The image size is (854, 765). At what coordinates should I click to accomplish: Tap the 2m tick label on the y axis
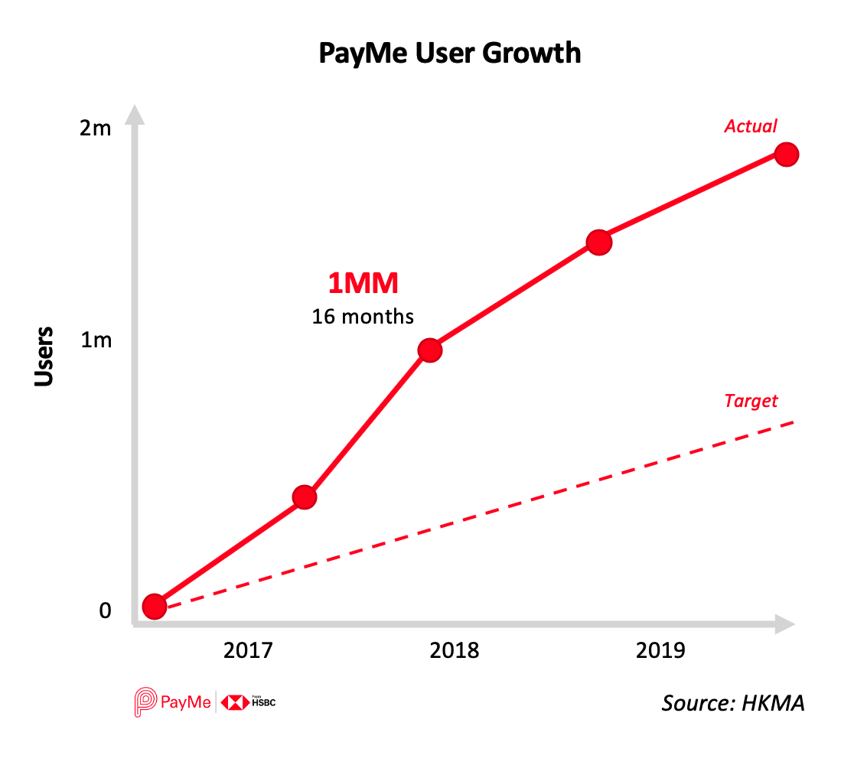click(x=96, y=128)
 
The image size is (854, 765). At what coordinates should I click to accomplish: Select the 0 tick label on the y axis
click(x=105, y=610)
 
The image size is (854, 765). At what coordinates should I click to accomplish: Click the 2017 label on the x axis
click(x=248, y=651)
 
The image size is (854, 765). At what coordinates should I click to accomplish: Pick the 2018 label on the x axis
click(x=455, y=651)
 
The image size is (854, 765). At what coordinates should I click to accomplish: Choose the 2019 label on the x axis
click(x=661, y=651)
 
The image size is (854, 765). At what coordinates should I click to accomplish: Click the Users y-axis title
click(x=44, y=356)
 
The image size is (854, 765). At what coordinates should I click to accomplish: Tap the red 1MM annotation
click(x=363, y=284)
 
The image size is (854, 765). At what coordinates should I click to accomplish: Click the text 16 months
click(x=363, y=316)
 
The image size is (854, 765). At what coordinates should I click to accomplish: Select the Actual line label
click(x=751, y=126)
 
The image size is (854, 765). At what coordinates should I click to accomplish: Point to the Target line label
click(x=750, y=401)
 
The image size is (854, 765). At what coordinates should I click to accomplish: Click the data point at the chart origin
click(x=155, y=607)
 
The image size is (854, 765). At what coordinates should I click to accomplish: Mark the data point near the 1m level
click(x=430, y=350)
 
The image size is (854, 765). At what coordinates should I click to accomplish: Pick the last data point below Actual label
click(x=786, y=155)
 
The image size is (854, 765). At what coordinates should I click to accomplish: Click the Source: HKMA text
click(x=733, y=703)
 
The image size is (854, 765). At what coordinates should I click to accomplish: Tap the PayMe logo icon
click(x=145, y=702)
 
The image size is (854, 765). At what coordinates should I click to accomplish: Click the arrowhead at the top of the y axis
click(x=135, y=115)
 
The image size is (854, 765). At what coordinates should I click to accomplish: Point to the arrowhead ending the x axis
click(x=784, y=624)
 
